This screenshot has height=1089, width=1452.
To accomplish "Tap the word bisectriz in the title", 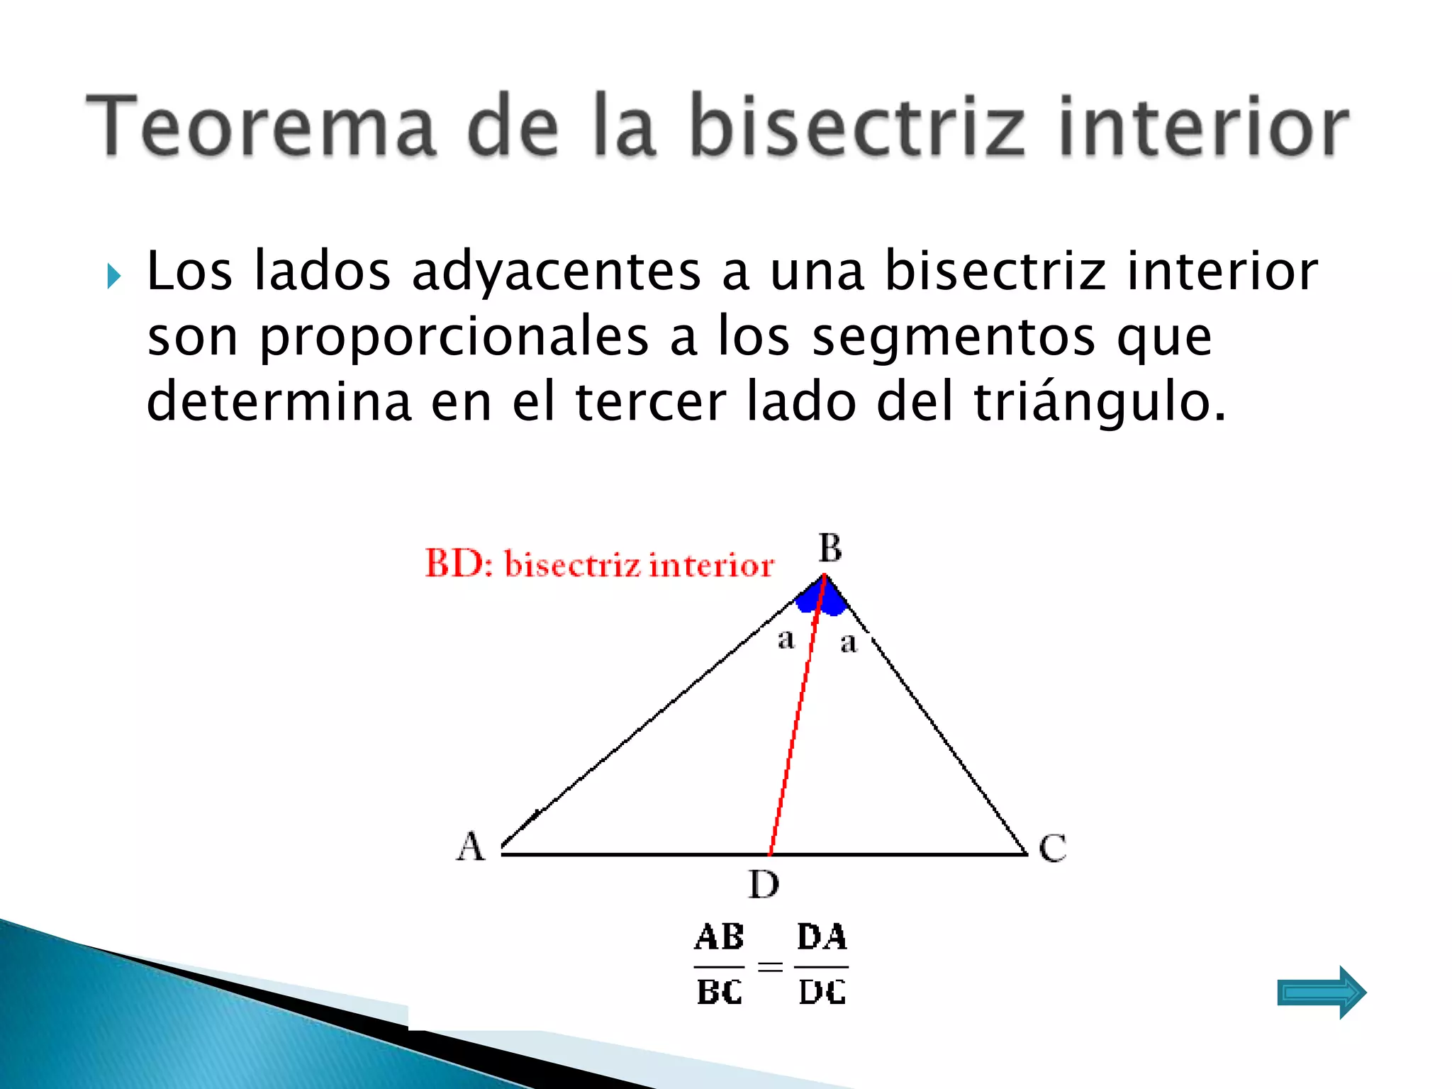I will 858,126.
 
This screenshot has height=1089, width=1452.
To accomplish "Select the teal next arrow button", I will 1321,993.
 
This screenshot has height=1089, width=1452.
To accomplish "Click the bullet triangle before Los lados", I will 114,276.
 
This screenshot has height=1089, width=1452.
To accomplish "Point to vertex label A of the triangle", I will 471,847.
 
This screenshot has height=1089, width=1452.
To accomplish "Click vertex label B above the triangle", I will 830,548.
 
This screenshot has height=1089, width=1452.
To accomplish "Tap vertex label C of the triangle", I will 1052,848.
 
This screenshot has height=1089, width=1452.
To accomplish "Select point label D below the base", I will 764,885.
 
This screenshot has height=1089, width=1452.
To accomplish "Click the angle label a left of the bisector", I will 786,640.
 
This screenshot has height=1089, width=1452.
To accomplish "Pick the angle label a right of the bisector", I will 848,643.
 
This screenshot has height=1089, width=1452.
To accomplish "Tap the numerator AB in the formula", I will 719,937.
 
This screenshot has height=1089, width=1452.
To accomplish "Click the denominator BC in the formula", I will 719,992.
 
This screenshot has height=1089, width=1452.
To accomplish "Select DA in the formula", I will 822,937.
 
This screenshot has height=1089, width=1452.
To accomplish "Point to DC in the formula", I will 822,992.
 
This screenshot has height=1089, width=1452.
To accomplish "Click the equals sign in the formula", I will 770,966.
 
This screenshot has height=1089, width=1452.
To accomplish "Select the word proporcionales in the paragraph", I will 454,337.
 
